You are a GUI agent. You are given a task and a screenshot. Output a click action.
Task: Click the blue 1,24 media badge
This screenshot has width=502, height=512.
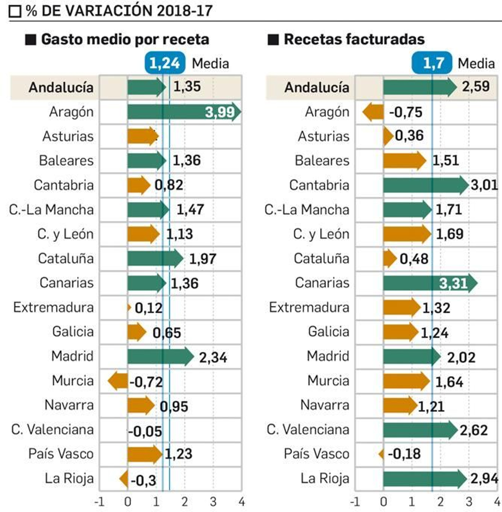click(165, 63)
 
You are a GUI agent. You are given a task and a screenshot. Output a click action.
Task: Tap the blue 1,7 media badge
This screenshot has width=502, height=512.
click(432, 63)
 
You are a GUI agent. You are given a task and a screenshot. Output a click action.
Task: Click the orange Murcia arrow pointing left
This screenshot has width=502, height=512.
click(118, 380)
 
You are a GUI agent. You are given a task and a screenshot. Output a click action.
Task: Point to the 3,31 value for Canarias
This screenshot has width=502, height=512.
click(453, 283)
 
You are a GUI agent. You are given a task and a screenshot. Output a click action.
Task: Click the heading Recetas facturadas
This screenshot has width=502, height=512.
click(354, 40)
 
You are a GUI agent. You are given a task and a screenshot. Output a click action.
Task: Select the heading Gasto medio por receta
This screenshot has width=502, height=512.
click(125, 40)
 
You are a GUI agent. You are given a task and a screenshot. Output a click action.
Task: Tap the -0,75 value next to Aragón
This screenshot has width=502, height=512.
click(406, 112)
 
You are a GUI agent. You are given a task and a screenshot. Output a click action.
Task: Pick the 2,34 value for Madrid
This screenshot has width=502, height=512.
click(213, 357)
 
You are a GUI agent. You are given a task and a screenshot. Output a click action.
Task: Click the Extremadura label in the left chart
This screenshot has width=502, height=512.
click(54, 307)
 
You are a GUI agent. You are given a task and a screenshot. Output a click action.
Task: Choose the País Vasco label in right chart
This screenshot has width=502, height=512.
click(317, 454)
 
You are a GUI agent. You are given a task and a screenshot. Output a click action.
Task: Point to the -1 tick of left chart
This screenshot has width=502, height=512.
click(99, 502)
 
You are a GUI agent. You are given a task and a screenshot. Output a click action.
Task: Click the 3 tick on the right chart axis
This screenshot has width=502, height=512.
click(469, 502)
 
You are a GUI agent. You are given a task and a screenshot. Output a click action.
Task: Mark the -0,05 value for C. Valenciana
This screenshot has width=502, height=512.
click(145, 431)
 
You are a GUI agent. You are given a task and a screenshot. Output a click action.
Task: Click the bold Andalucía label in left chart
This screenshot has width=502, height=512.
click(61, 87)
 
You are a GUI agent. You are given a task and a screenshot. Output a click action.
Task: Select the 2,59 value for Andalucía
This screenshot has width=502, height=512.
click(476, 86)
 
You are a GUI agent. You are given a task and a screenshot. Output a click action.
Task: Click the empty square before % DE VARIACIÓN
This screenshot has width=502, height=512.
click(15, 11)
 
